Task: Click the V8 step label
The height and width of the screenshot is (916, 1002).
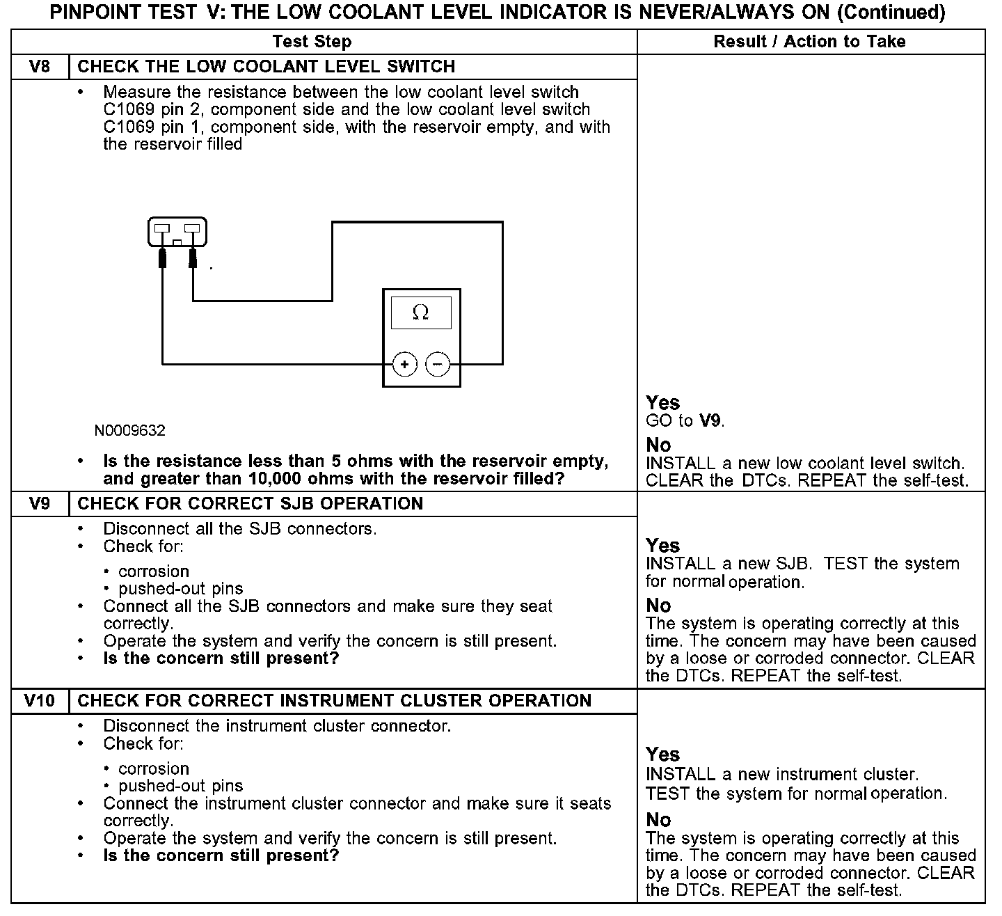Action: tap(40, 67)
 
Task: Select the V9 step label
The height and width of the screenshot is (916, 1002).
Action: tap(40, 504)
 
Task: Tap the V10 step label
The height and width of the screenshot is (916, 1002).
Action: tap(40, 701)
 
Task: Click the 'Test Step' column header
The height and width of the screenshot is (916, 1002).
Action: tap(312, 42)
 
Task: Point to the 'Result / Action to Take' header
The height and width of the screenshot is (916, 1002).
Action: tap(809, 42)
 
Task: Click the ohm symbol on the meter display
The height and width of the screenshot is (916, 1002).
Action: tap(420, 313)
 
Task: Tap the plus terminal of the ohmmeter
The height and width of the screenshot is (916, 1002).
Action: tap(404, 364)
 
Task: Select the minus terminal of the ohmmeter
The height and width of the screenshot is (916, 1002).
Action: tap(438, 364)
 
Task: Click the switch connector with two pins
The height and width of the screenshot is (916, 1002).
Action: tap(177, 232)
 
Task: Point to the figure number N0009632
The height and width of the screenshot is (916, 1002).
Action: tap(130, 431)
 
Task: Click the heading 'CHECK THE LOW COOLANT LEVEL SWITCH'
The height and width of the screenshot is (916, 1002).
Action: tap(267, 67)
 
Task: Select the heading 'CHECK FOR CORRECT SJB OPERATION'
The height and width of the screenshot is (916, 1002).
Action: tap(250, 504)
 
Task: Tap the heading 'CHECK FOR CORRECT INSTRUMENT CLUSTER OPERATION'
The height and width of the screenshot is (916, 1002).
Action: tap(334, 701)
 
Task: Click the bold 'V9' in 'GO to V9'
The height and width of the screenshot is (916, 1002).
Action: tap(710, 420)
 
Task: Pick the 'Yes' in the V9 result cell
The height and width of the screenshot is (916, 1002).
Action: tap(662, 545)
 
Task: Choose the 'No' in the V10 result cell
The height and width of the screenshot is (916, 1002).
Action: tap(658, 819)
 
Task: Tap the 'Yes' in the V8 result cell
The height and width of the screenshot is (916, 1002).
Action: tap(662, 402)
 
